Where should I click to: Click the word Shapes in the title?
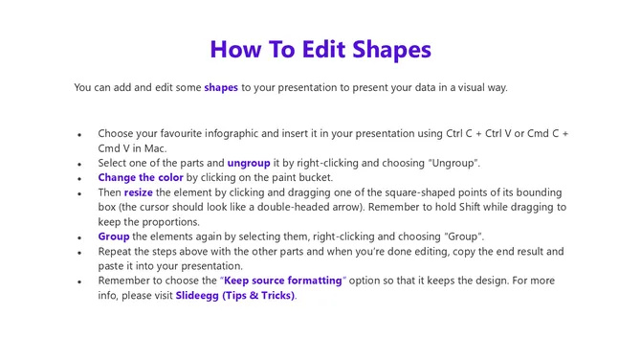387,50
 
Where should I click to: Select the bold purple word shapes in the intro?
221,88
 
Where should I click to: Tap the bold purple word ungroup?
249,164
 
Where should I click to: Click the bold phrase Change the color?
141,178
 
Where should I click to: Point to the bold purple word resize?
138,192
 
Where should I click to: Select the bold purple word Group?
114,236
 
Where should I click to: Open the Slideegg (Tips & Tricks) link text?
235,296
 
